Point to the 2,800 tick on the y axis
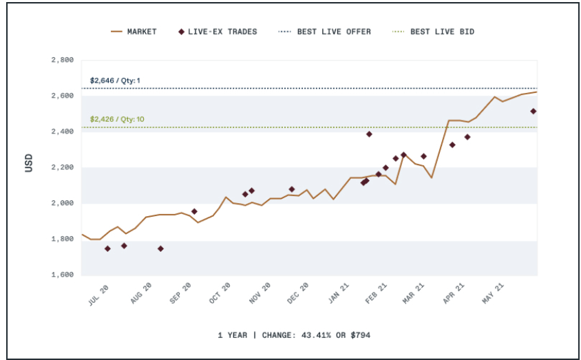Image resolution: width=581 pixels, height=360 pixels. [63, 60]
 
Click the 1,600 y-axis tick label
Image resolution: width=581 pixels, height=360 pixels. [63, 275]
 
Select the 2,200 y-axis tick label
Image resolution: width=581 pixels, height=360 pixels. [63, 167]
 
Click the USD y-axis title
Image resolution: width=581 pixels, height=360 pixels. [29, 167]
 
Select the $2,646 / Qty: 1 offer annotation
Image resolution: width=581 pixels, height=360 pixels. [115, 81]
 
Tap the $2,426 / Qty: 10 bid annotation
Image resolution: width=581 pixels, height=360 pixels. [117, 120]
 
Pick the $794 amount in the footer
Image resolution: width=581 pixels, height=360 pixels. [361, 335]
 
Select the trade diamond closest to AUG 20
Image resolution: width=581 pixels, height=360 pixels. [160, 248]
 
